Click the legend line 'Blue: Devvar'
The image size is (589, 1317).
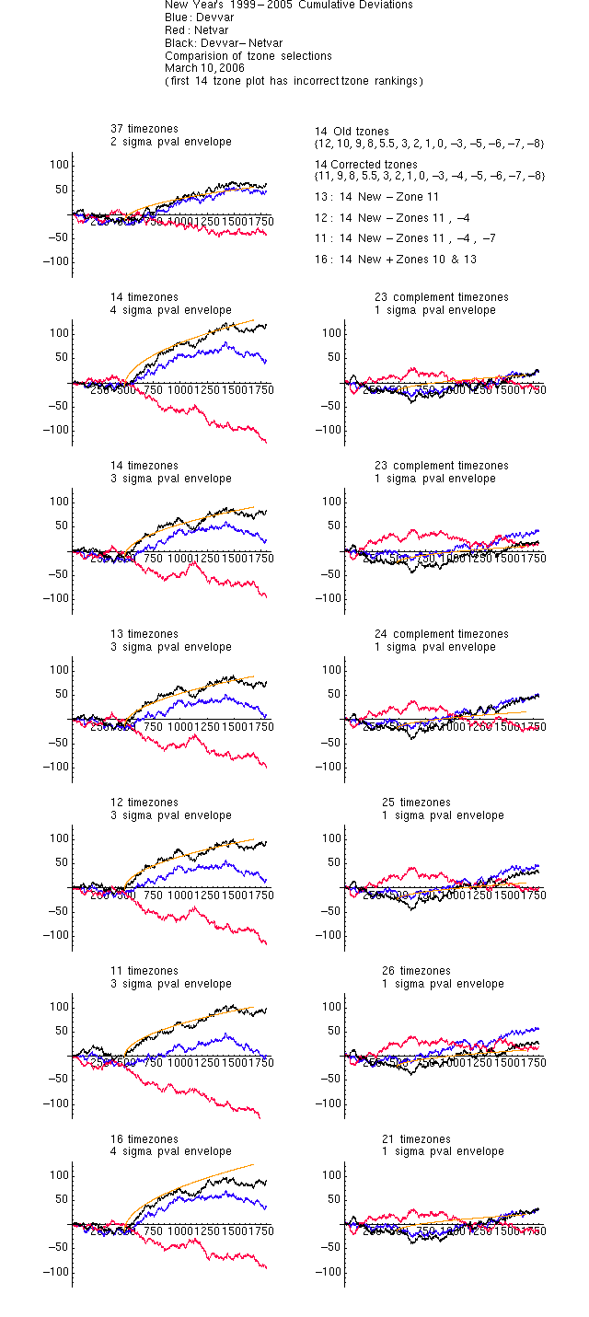click(199, 17)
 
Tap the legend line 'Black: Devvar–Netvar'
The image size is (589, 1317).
click(224, 42)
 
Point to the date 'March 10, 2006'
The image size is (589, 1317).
click(204, 67)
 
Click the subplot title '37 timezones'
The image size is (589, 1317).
click(144, 129)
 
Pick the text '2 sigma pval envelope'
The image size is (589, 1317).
click(171, 142)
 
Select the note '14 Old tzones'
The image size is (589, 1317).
click(352, 132)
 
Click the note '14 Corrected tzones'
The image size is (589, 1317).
click(366, 165)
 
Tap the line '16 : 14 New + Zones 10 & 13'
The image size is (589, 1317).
click(396, 260)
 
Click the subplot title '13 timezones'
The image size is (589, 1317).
click(144, 634)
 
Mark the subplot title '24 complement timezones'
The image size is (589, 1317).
click(442, 634)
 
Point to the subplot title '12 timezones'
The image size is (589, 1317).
click(144, 803)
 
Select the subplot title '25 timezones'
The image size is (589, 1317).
click(417, 803)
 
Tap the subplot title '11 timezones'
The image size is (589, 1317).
click(144, 971)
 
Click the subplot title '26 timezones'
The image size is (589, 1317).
click(417, 971)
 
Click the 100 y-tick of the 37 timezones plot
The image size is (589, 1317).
click(60, 165)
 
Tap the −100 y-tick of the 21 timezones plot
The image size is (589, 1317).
click(329, 1272)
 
